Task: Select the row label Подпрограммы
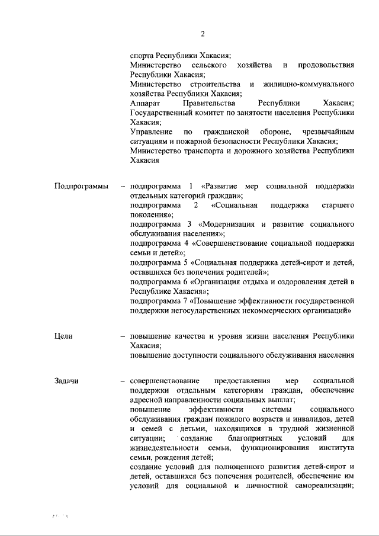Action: point(81,187)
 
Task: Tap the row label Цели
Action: point(63,336)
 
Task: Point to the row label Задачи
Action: point(66,380)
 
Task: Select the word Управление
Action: point(152,131)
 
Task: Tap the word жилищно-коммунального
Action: point(309,84)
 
